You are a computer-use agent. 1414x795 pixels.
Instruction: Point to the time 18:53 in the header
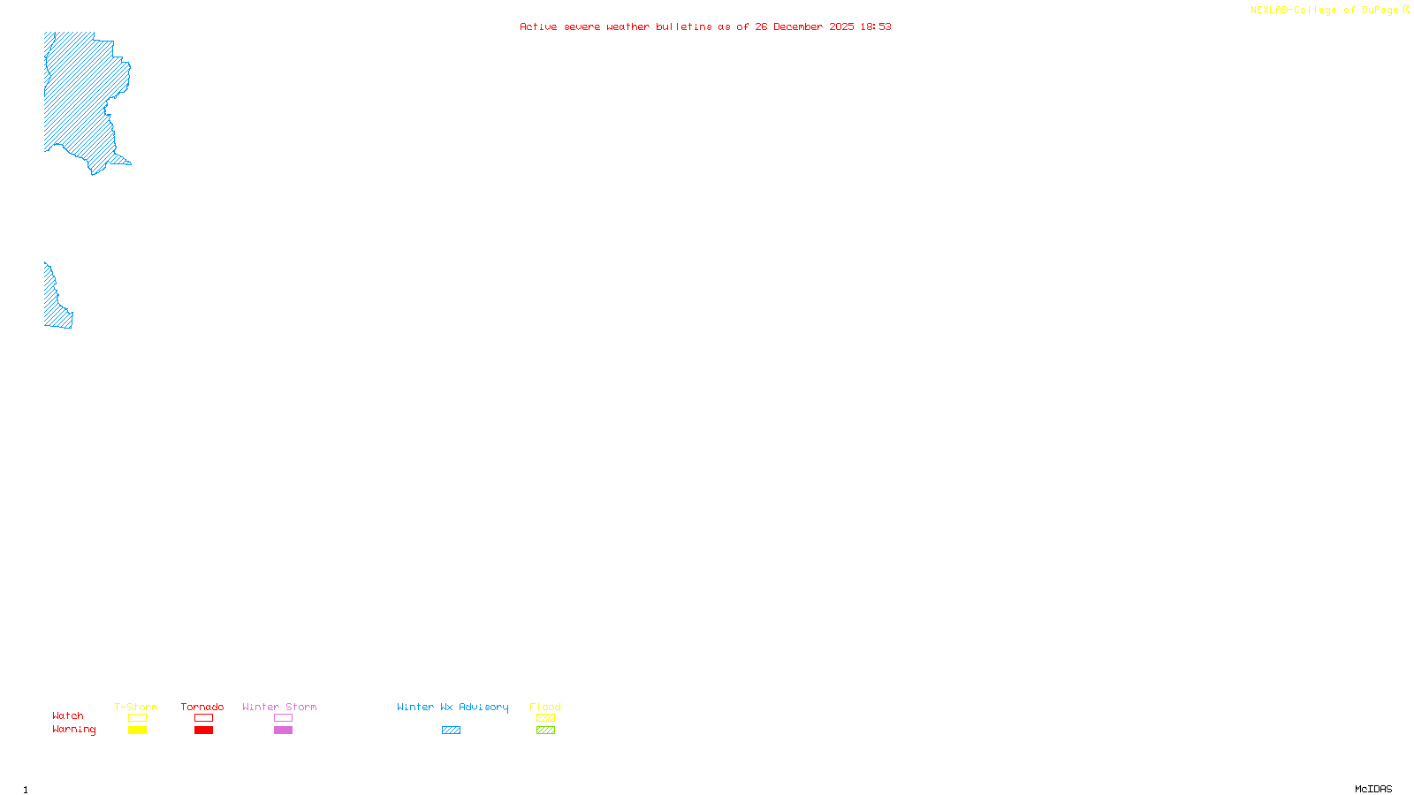(x=876, y=26)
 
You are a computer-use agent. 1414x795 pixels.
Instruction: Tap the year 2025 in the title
(x=842, y=26)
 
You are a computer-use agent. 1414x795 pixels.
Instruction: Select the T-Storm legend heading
(x=136, y=707)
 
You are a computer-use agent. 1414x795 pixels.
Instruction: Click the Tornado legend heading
(x=202, y=707)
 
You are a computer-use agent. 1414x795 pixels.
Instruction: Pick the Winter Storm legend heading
(x=279, y=707)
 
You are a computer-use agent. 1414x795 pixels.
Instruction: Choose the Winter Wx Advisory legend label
(x=452, y=707)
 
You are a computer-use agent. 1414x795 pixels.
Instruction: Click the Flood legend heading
(x=545, y=707)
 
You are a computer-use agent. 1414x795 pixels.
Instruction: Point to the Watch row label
(x=68, y=715)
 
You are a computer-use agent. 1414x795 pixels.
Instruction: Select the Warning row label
(x=73, y=730)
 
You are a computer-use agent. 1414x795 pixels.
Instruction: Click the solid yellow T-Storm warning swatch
(x=137, y=731)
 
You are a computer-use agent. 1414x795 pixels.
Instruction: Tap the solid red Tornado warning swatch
(x=203, y=731)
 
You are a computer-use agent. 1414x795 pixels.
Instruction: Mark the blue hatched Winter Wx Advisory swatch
(x=451, y=731)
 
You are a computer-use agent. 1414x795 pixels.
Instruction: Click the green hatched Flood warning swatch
(x=545, y=731)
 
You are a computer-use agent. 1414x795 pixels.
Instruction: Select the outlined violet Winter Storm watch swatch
(x=283, y=718)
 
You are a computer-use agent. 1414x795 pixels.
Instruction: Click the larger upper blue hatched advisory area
(x=80, y=97)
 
